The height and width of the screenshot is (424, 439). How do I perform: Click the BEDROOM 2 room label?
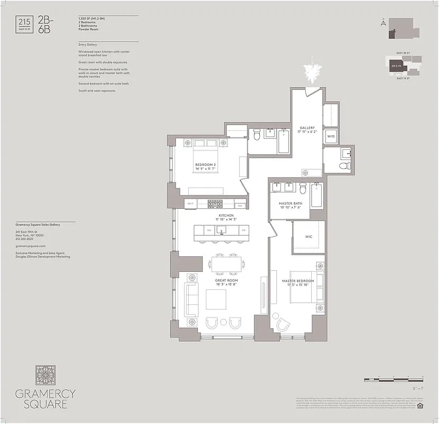(205, 165)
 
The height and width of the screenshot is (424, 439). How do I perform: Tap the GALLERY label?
(307, 128)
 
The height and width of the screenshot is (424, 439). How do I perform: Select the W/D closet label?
(331, 136)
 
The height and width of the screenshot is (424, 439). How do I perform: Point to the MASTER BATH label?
(291, 204)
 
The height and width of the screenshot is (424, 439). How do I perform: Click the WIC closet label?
(308, 237)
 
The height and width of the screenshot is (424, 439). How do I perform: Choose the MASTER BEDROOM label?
(298, 281)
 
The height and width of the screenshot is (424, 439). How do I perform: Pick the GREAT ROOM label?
(226, 280)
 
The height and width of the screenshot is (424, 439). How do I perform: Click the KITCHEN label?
(226, 216)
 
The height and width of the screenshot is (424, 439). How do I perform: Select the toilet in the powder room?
(345, 166)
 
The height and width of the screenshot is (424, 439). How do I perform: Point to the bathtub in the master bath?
(318, 196)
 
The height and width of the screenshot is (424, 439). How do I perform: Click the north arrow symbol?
(382, 23)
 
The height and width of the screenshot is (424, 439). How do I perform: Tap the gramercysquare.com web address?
(31, 246)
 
